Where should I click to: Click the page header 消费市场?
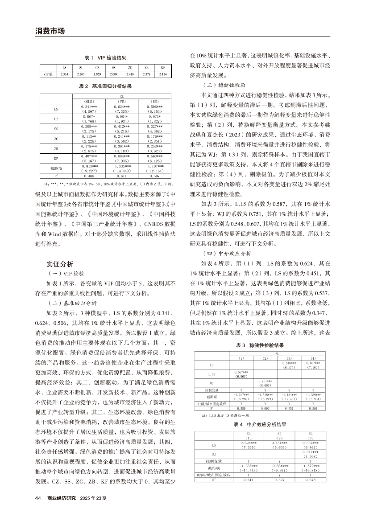50,31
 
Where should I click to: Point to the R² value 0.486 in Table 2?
88,176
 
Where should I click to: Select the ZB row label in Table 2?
56,148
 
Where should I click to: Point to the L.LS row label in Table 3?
211,374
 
